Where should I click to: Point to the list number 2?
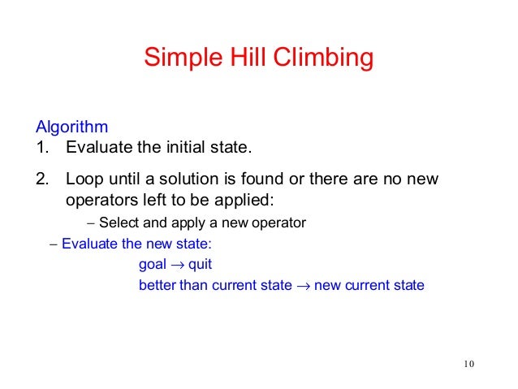(x=41, y=178)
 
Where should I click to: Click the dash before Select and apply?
(x=91, y=223)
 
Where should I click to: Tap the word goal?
(x=153, y=266)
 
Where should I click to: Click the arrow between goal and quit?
(x=178, y=265)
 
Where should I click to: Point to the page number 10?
(x=465, y=363)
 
